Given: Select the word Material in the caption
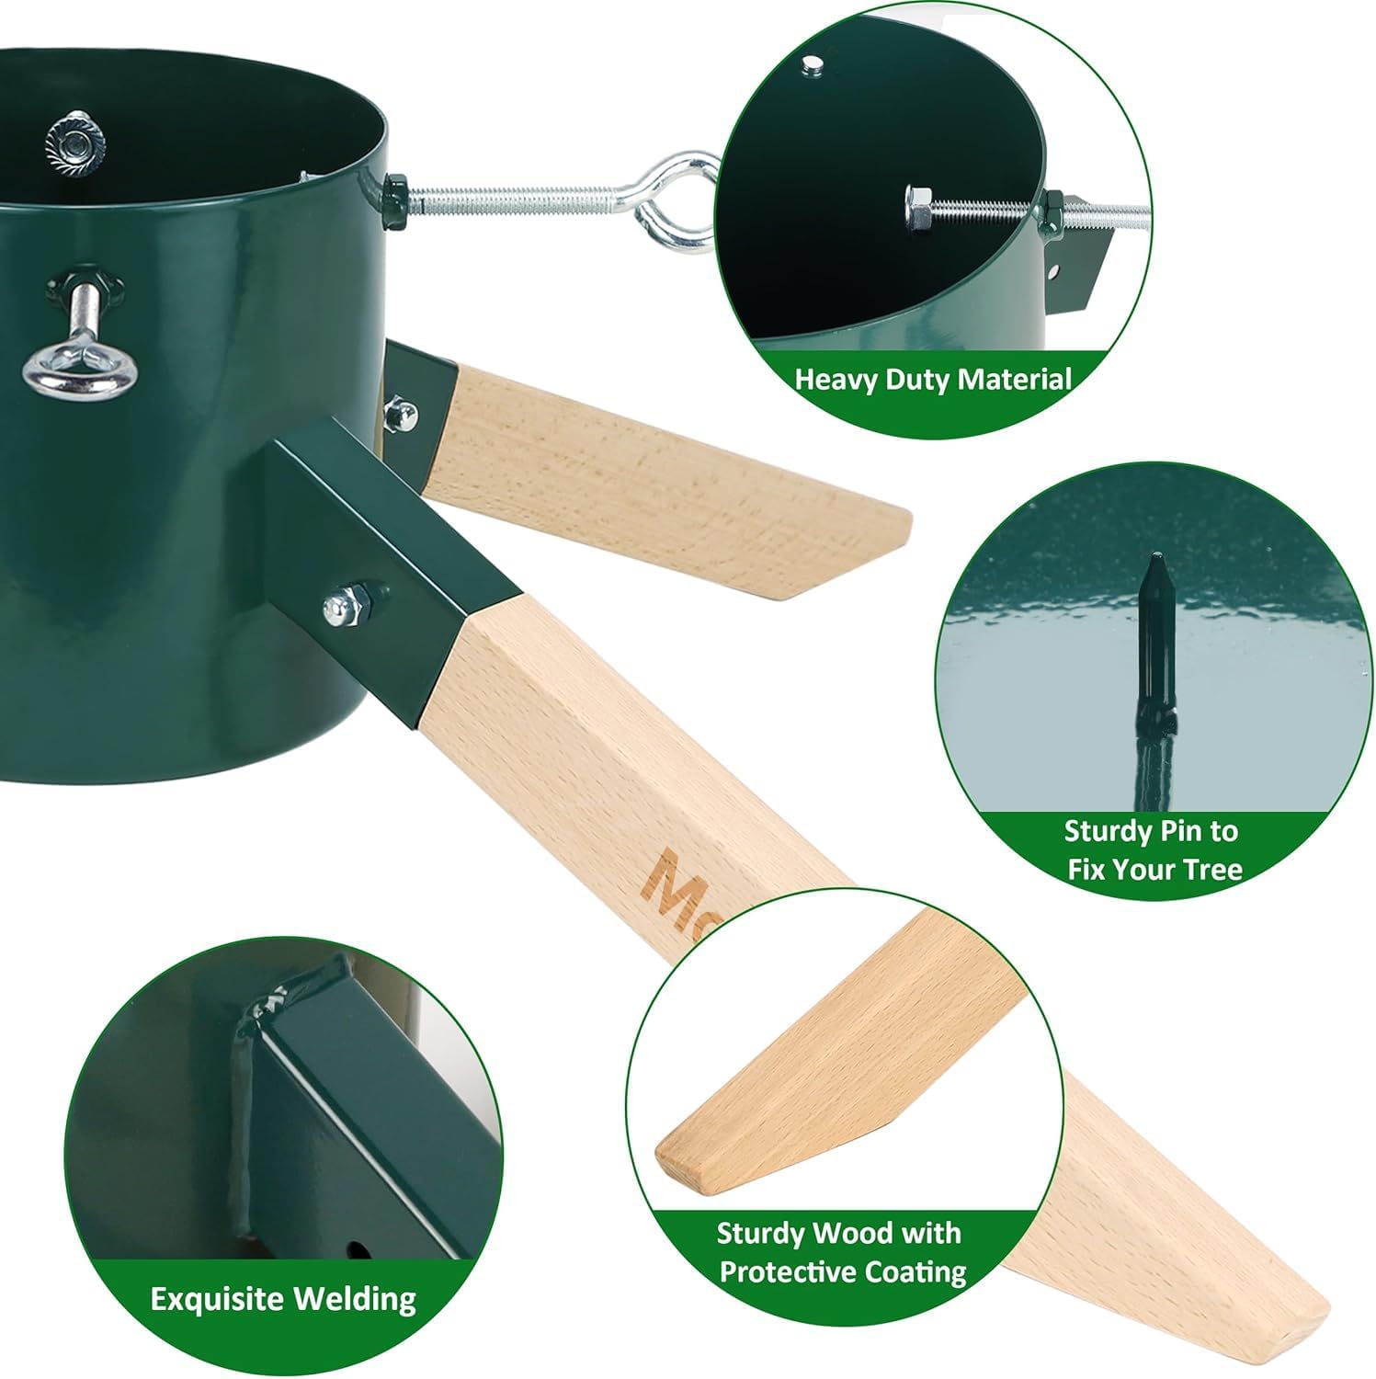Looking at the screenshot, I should [1019, 379].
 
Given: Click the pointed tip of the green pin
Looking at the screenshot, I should [1156, 562].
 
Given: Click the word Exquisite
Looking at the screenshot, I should [217, 1299].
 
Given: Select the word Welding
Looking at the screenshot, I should [355, 1299].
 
